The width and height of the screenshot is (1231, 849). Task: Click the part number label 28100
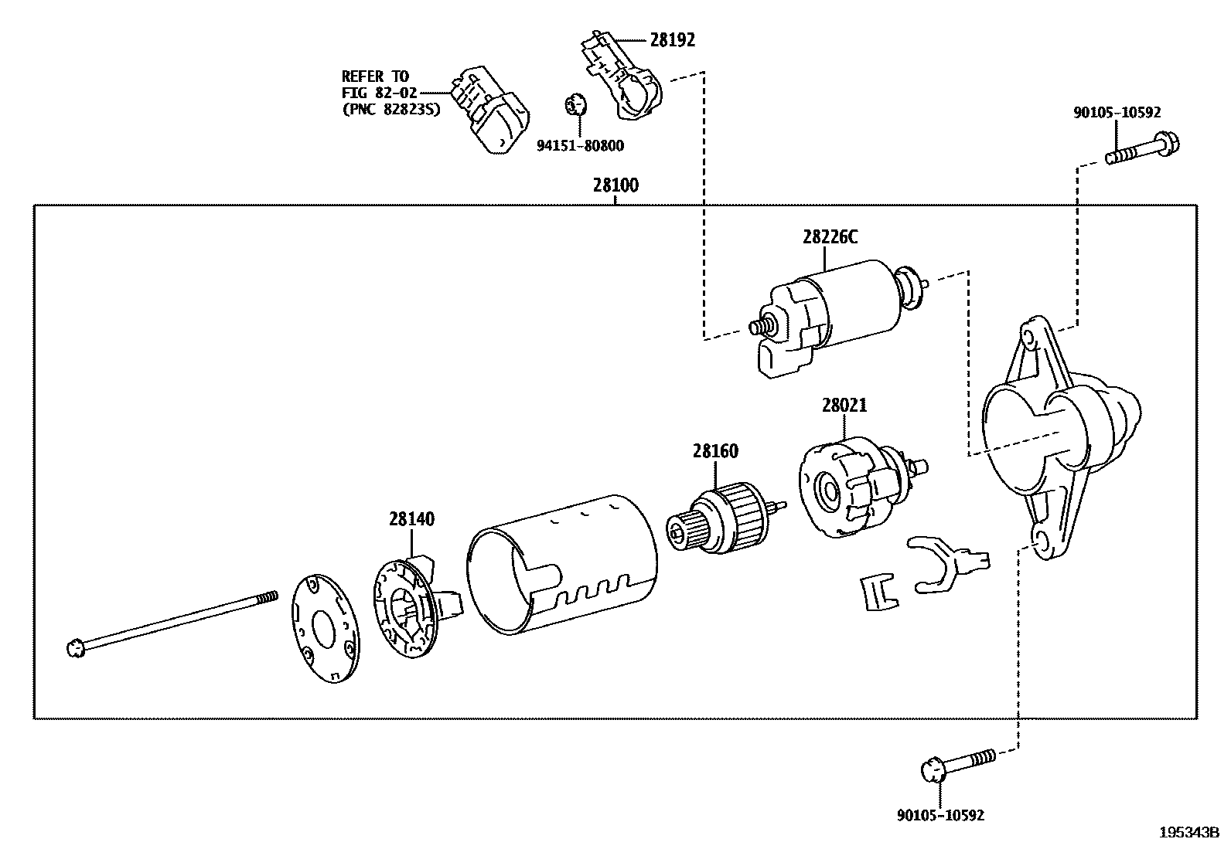coord(615,185)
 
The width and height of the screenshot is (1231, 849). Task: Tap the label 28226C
coord(829,237)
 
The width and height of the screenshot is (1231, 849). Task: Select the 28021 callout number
coord(844,405)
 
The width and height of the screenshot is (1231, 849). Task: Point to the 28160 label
coord(714,450)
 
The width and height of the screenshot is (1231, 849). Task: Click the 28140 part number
coord(411,519)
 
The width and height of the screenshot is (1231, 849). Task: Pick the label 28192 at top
coord(672,40)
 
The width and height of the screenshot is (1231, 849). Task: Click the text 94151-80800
coord(580,145)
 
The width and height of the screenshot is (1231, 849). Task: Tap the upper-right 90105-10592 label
coord(1117,112)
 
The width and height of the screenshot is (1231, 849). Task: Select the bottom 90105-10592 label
coord(940,815)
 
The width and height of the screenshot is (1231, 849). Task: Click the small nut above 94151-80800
coord(575,103)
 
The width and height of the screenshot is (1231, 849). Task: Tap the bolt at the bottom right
coord(957,764)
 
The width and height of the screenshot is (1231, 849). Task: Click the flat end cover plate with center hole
coord(324,627)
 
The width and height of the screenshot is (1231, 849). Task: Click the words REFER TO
coord(374,76)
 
